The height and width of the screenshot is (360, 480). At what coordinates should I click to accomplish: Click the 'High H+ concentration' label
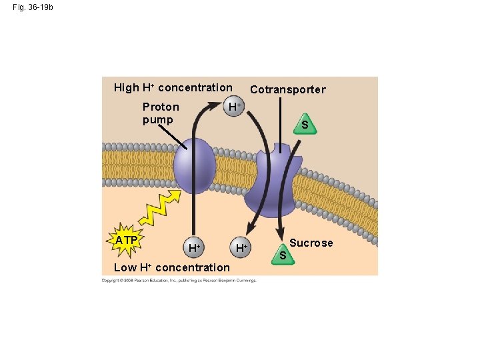pos(173,87)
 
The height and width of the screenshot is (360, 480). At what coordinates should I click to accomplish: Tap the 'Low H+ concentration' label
pos(172,267)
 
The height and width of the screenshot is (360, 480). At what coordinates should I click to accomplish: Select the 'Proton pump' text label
pos(161,113)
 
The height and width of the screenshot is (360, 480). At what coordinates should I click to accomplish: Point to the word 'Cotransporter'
pos(288,89)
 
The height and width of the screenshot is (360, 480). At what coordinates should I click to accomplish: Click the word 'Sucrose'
pos(311,243)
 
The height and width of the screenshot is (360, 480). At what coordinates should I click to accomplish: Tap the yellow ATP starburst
pos(126,240)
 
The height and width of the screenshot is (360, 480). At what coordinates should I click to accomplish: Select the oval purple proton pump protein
pos(195,167)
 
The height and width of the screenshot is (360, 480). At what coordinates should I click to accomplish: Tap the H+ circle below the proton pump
pos(194,247)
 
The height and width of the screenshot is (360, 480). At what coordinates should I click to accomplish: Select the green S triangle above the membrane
pos(304,124)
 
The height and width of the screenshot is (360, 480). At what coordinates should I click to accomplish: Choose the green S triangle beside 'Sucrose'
pos(283,254)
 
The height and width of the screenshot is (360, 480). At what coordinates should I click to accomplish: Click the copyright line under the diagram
pos(179,280)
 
